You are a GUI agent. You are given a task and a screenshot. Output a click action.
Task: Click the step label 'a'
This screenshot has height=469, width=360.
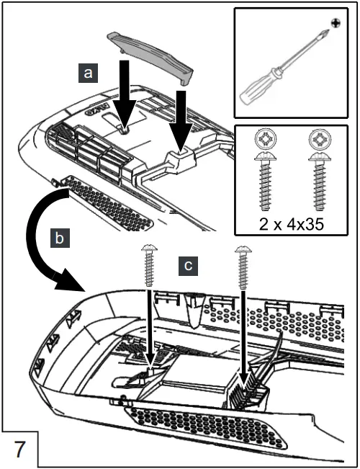[88, 73]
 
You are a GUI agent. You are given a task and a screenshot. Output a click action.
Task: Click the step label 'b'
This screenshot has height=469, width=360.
[60, 238]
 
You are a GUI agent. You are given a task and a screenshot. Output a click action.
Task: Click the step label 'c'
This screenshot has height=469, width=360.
[188, 266]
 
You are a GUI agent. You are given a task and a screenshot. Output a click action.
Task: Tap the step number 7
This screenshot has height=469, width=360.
[19, 450]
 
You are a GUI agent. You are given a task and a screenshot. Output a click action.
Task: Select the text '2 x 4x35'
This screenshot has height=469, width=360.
[291, 224]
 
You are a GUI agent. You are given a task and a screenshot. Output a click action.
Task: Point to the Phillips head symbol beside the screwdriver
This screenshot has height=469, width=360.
[336, 22]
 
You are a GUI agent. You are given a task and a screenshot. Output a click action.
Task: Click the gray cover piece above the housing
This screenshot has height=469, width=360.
[150, 58]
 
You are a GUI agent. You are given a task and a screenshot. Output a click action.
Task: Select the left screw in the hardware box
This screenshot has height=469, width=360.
[266, 182]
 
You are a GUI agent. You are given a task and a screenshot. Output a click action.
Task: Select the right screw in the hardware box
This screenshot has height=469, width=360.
[319, 182]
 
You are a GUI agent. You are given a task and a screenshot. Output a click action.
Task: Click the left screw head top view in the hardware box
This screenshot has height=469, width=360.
[266, 139]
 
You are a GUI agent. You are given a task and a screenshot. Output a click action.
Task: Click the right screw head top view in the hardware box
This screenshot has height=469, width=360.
[319, 139]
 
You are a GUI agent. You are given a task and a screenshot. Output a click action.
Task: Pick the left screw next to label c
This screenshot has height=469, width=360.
[150, 265]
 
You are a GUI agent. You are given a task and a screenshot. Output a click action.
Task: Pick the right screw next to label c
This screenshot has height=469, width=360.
[243, 267]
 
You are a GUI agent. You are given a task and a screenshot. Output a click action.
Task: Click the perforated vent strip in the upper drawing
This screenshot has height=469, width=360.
[108, 203]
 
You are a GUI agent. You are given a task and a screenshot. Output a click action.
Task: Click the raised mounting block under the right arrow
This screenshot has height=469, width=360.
[180, 160]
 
